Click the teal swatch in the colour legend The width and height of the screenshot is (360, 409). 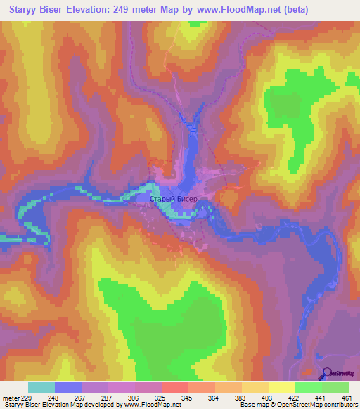tap(41, 387)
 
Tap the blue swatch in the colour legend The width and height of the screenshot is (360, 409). tap(68, 387)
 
